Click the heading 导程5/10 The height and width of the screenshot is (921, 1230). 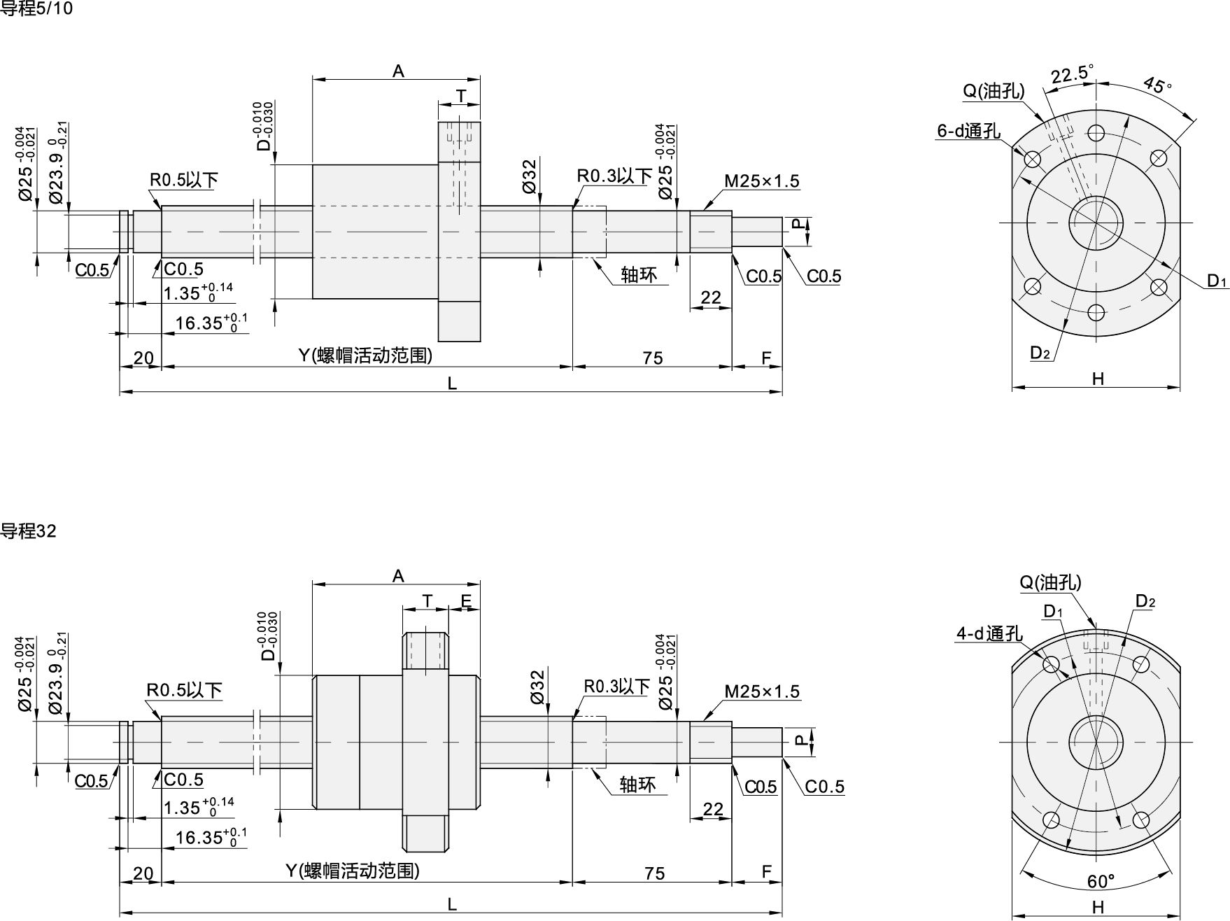(36, 9)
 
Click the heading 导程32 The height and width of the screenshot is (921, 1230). (28, 531)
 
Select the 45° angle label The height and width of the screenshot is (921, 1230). (1157, 85)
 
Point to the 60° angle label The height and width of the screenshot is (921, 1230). (1101, 880)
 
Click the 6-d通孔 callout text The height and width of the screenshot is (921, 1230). (969, 131)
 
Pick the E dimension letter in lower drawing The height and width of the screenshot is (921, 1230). (466, 601)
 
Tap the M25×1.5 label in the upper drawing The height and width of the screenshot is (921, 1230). (761, 181)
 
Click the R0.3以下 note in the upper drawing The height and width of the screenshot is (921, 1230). (614, 176)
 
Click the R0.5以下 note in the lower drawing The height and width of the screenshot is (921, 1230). (184, 691)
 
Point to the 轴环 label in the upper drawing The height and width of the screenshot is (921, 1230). (639, 275)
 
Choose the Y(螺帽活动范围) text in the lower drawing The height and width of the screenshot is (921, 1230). (353, 871)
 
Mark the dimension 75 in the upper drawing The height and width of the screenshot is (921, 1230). (652, 358)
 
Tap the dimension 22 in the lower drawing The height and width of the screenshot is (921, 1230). (712, 809)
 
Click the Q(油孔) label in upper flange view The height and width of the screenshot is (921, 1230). (994, 91)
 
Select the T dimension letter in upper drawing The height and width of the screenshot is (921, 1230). (460, 95)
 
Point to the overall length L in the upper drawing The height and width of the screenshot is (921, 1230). (452, 384)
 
